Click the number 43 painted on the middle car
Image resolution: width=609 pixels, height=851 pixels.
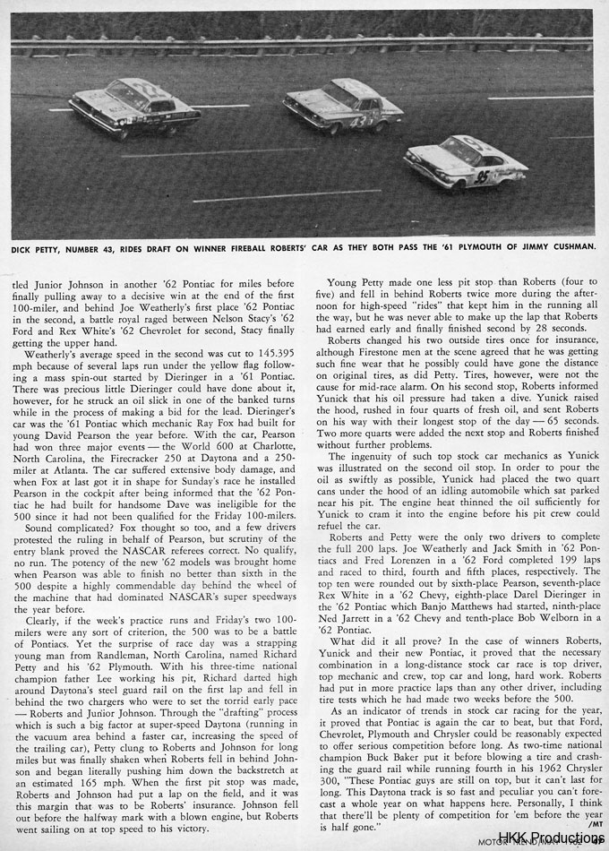coord(358,118)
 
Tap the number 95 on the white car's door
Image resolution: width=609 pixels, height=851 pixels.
coord(483,176)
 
